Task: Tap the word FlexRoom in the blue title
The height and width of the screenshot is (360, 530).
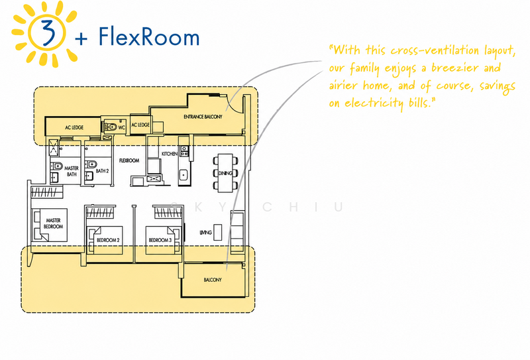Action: click(149, 36)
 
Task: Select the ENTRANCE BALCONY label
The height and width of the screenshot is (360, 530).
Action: click(203, 117)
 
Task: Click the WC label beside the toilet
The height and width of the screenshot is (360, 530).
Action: click(121, 127)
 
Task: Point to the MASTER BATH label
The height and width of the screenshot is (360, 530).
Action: click(72, 171)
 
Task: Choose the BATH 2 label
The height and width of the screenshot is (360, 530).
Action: click(102, 171)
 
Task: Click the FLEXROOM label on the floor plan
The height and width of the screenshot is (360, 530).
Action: click(129, 160)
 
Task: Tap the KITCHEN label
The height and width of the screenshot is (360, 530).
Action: click(170, 154)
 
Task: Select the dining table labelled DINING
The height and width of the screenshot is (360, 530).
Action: click(225, 173)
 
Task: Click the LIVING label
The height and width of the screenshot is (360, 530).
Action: click(205, 233)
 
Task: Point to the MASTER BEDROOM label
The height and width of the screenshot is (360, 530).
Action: click(53, 223)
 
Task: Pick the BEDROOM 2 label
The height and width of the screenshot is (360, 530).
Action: click(108, 240)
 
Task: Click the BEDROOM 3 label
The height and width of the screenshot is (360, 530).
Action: click(160, 240)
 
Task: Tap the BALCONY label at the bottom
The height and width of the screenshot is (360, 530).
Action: click(213, 280)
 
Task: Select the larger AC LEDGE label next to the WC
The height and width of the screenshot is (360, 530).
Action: click(74, 127)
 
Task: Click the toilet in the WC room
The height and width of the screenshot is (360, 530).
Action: click(110, 127)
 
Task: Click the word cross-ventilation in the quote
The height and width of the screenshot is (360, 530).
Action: click(435, 51)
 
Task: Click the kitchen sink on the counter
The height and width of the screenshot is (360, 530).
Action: click(183, 175)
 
